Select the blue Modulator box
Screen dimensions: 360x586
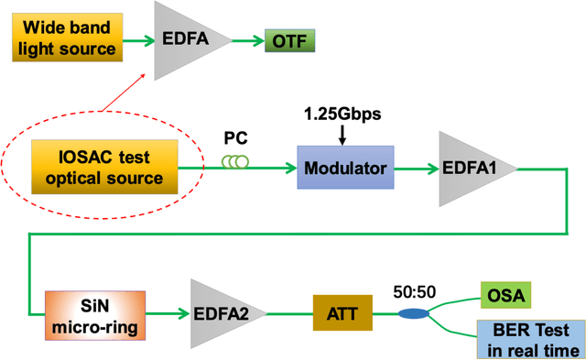[343, 168]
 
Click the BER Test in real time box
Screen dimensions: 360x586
[530, 340]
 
